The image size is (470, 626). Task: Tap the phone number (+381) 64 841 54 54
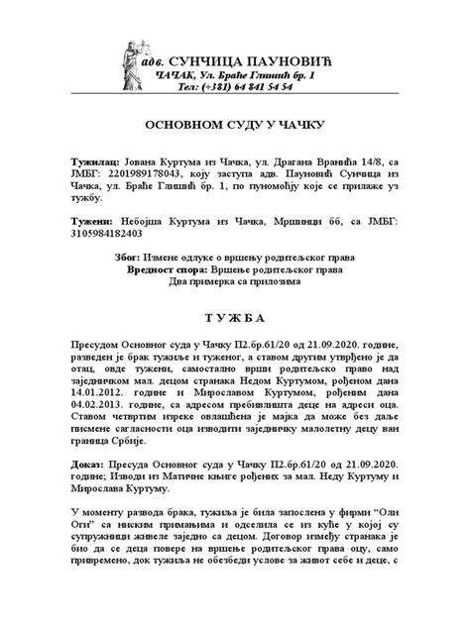[261, 87]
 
